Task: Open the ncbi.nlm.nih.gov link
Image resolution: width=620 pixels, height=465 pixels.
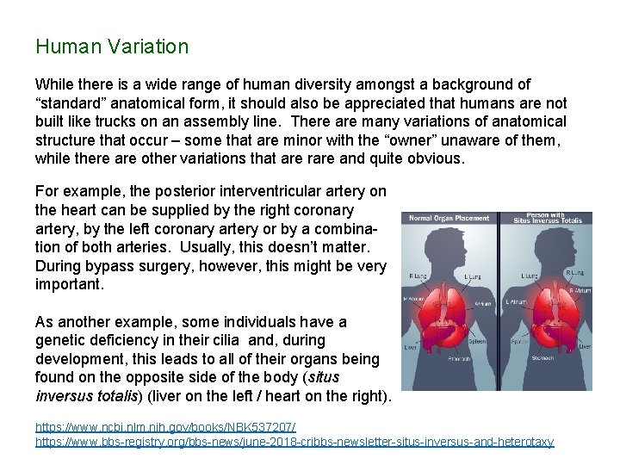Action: point(164,427)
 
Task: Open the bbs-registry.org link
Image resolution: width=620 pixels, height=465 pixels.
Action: point(294,441)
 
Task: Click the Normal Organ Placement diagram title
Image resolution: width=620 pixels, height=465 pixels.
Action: point(449,218)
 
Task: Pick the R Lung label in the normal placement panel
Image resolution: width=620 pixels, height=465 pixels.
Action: point(418,276)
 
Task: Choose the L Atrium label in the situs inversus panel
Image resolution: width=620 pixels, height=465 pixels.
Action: point(517,301)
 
